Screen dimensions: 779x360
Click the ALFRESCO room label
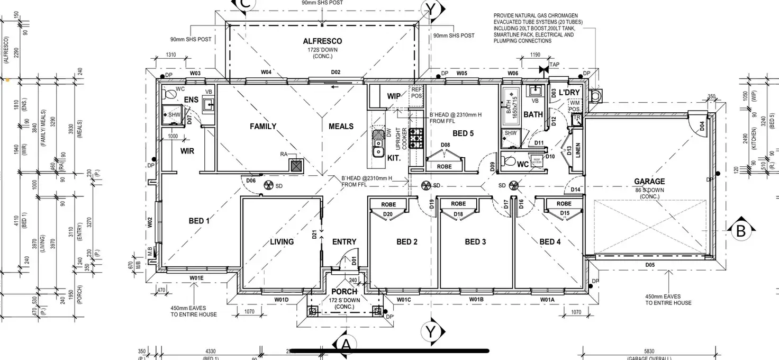click(322, 41)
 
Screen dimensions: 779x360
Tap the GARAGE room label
click(649, 182)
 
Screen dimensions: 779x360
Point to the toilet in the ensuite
click(170, 94)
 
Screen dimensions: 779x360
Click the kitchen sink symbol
click(378, 145)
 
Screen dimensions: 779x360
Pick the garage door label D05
click(650, 264)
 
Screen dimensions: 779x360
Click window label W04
click(266, 72)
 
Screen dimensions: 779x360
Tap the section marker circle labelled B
click(740, 231)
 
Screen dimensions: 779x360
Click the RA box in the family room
click(295, 166)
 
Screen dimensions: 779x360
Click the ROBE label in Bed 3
click(458, 204)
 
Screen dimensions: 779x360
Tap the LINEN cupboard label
click(577, 150)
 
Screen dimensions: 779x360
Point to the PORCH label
click(344, 292)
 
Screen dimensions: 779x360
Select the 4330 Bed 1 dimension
click(210, 351)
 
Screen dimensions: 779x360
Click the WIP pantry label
click(394, 96)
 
